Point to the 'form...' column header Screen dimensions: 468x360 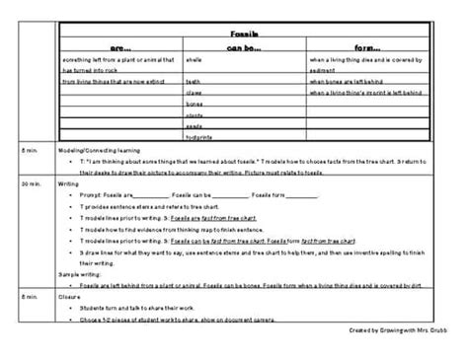(x=367, y=45)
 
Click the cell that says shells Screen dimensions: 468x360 (x=194, y=60)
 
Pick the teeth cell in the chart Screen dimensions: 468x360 (x=193, y=82)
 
